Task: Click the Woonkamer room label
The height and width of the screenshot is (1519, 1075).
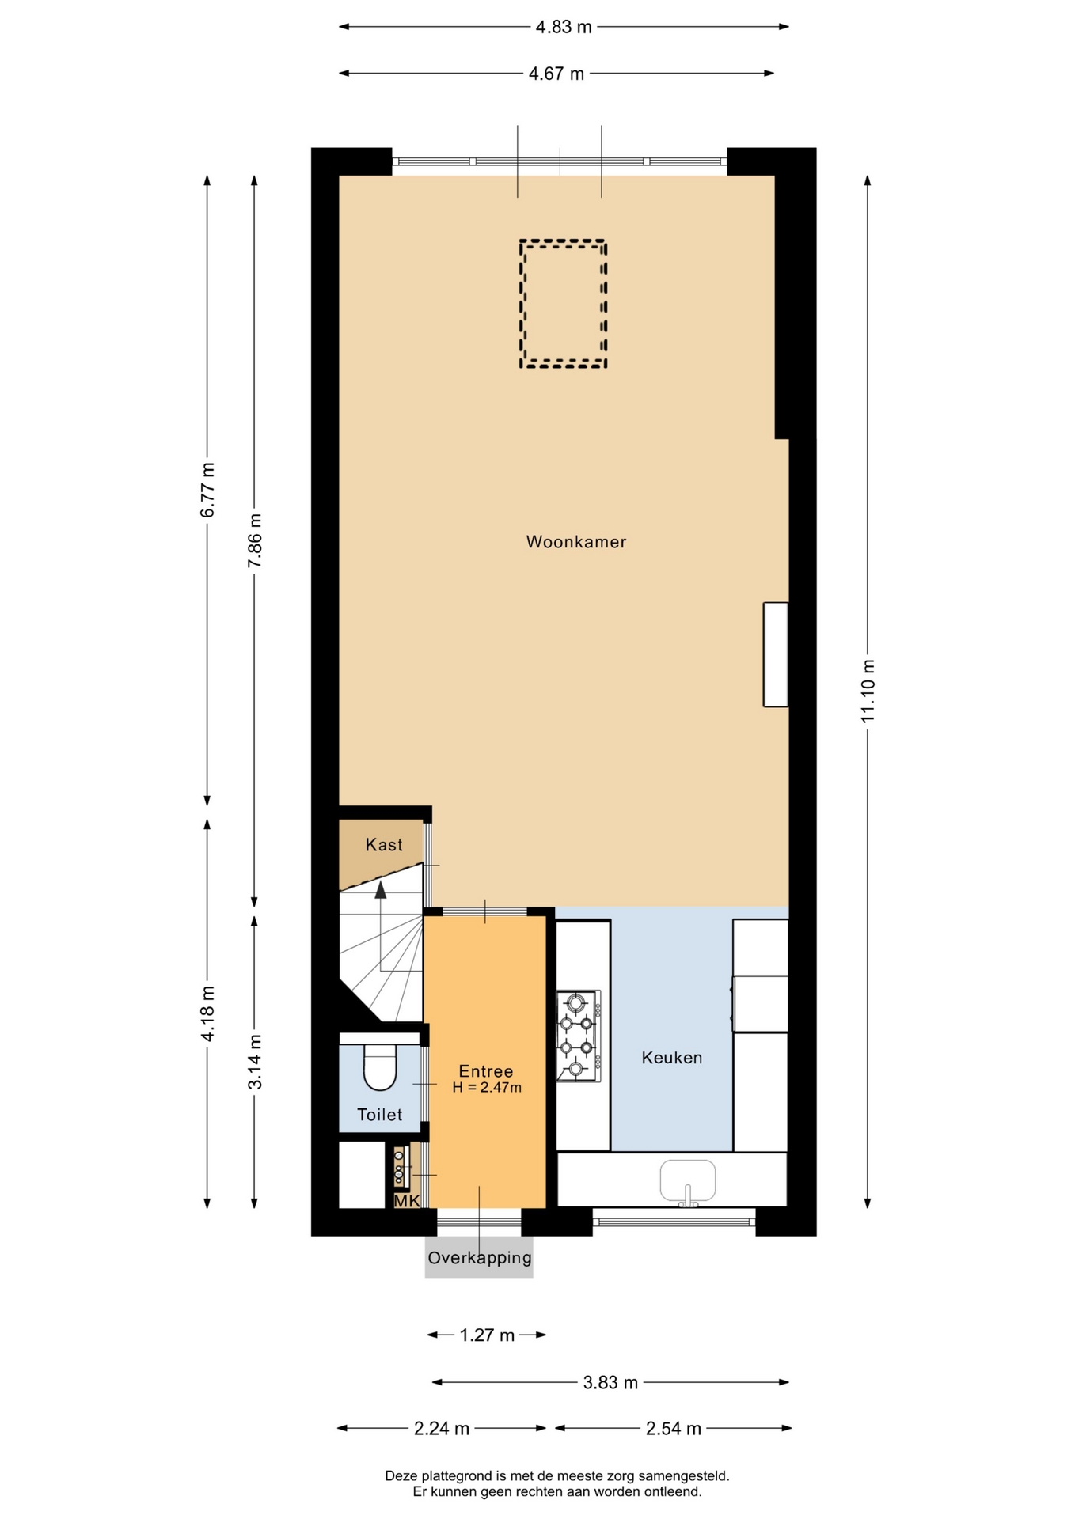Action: coord(576,542)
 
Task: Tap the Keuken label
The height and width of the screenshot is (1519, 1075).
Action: coord(672,1058)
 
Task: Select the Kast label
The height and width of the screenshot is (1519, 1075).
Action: coord(384,845)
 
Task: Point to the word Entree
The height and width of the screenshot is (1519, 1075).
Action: coord(486,1071)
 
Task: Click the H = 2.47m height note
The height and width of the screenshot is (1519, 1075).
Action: coord(487,1088)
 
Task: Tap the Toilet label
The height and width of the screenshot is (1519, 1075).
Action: coord(380,1115)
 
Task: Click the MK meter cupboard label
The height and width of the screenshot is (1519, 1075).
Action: coord(407,1201)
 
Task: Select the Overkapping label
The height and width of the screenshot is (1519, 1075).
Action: coord(480,1258)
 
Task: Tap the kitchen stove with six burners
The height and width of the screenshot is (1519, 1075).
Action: coord(579,1036)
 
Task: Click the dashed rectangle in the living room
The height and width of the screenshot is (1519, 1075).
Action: coord(563,241)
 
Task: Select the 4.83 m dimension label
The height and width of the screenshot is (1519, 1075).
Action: coord(564,27)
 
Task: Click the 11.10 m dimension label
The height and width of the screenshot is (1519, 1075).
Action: coord(868,690)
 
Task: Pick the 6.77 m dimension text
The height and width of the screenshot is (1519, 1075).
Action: coord(207,490)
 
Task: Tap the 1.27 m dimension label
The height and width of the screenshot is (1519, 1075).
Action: coord(488,1335)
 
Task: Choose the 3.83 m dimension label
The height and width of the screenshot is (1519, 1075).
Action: coord(610,1382)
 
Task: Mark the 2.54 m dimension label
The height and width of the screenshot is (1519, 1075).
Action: coord(674,1428)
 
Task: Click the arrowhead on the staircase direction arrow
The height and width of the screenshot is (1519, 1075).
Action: coord(381,890)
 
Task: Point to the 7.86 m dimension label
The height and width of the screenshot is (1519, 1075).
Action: coord(255,540)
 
